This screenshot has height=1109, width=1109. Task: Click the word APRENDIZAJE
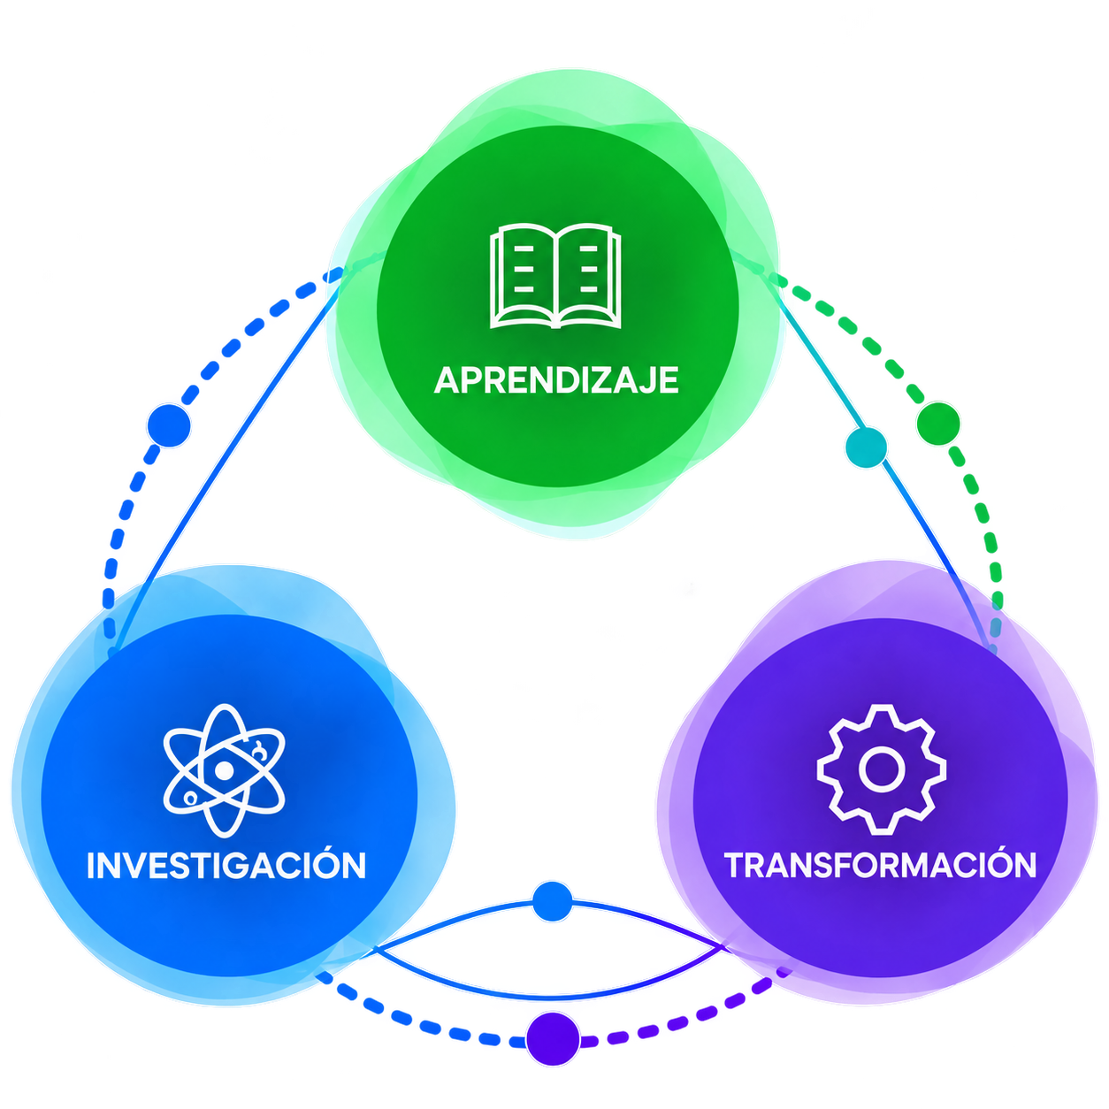[x=556, y=380]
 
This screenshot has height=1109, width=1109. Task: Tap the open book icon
[x=555, y=276]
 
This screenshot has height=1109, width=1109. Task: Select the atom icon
[x=224, y=770]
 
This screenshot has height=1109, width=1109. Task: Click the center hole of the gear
[x=881, y=769]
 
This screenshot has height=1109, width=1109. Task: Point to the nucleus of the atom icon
[x=224, y=770]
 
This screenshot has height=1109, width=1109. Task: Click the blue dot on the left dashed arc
[x=169, y=426]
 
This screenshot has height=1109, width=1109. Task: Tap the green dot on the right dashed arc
[x=938, y=424]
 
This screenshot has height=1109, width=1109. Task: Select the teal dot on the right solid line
[x=866, y=447]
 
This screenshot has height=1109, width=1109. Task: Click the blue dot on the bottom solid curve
[x=553, y=901]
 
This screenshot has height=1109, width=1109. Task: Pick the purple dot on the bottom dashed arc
[x=553, y=1039]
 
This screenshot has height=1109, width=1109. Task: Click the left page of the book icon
[x=523, y=274]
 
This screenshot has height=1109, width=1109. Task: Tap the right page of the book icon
[x=588, y=274]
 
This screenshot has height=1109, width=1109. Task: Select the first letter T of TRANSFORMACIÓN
[x=736, y=865]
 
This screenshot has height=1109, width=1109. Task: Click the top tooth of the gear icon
[x=881, y=715]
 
